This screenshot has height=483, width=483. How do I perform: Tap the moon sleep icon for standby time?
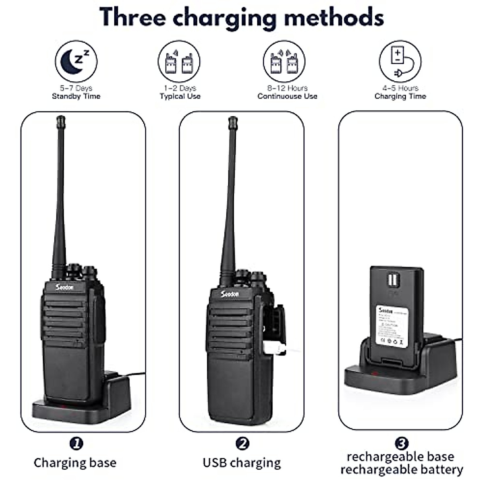[76, 62]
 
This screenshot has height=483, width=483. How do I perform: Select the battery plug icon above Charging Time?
[400, 62]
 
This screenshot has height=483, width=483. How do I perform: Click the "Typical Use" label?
[180, 96]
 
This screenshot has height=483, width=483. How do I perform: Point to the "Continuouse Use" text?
[287, 96]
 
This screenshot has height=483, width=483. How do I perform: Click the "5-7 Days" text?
[76, 88]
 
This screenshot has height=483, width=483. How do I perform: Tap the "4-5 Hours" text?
[400, 88]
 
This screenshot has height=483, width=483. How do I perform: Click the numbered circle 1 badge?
[76, 444]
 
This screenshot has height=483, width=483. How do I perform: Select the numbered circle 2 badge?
[242, 444]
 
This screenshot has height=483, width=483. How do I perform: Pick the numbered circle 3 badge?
[401, 444]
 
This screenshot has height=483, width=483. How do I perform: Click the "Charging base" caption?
[75, 462]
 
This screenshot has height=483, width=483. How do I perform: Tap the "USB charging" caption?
[242, 462]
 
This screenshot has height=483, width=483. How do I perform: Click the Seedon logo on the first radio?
[64, 287]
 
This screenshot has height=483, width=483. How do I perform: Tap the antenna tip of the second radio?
[232, 120]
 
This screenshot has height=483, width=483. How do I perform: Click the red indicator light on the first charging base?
[63, 407]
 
